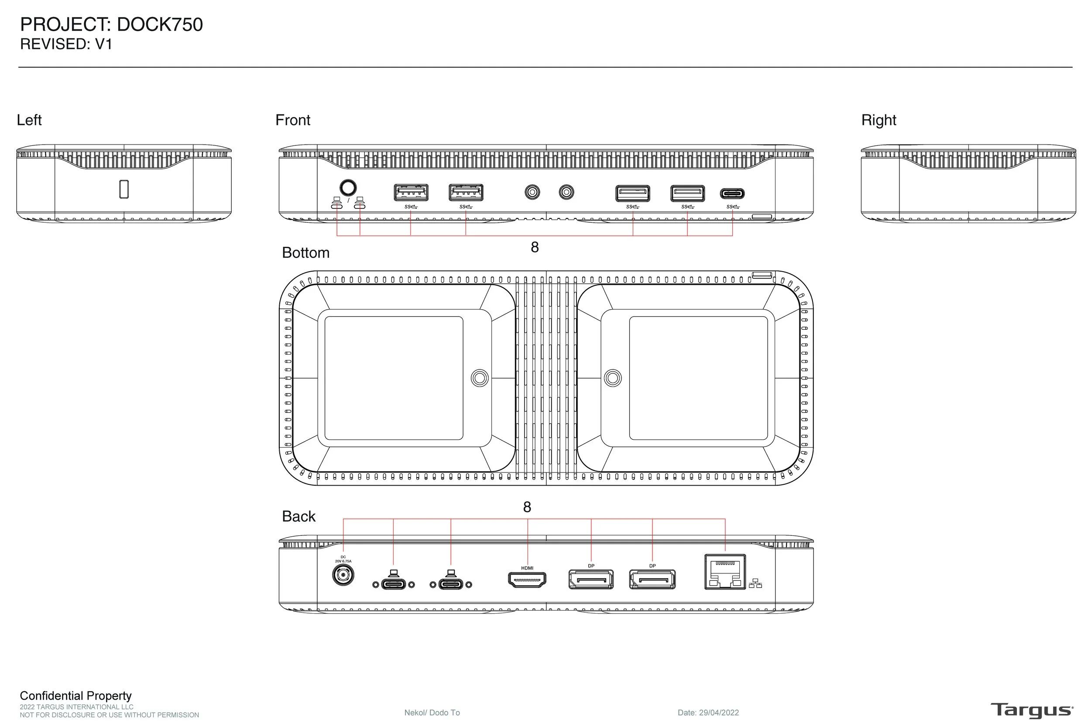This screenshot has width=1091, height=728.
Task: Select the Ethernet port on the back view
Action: tap(724, 572)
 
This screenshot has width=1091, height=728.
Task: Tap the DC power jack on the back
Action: tap(343, 576)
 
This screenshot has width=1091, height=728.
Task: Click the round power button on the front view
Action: tap(348, 188)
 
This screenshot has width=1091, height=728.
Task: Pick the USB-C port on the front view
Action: tap(732, 193)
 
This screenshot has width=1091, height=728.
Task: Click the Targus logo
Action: tap(1032, 711)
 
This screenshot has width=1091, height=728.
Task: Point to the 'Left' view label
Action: tap(29, 120)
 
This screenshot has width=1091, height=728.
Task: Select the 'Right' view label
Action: tap(878, 120)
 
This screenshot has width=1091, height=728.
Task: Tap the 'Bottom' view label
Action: tap(305, 253)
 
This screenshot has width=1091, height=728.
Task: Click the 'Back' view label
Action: tap(299, 516)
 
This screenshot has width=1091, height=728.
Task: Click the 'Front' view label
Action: tap(293, 120)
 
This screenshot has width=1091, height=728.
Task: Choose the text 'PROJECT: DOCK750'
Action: tap(111, 24)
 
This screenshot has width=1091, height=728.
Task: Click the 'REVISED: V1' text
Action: tap(66, 45)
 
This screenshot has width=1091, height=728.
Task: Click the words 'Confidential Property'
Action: tap(75, 696)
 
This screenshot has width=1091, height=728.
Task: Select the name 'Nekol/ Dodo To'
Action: tap(432, 712)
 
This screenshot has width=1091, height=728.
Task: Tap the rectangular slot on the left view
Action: tap(124, 189)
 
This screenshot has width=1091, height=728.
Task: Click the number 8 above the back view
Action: tap(527, 507)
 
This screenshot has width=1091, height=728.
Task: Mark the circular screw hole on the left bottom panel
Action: tap(479, 378)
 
